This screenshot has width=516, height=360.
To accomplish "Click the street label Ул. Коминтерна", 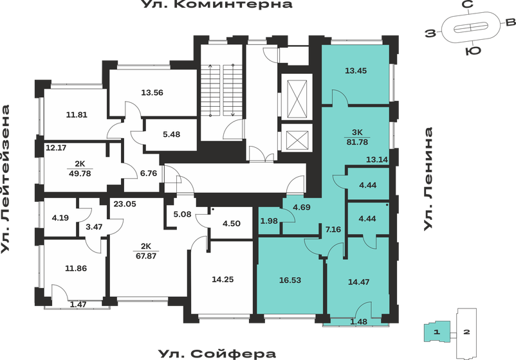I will click(216, 5).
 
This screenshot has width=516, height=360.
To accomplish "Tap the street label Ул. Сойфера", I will click(216, 353).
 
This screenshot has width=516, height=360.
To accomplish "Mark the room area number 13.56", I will click(152, 92).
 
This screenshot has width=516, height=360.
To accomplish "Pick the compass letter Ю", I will click(472, 50).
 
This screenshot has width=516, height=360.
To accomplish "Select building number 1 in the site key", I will click(436, 332).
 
